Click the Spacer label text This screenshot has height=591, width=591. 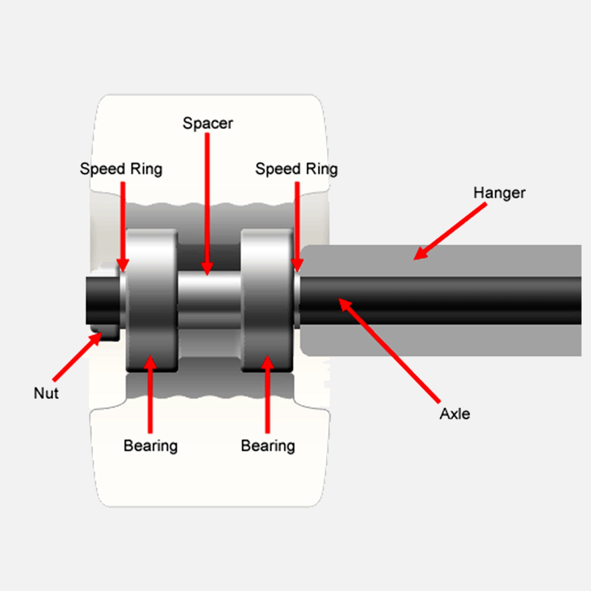click(208, 123)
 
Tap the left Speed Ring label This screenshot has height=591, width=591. click(121, 169)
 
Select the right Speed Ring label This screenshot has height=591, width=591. click(296, 169)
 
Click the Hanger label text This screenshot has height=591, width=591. click(499, 193)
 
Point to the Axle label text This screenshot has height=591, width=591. click(454, 414)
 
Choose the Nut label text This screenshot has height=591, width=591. click(46, 393)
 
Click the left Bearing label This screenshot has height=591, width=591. click(150, 446)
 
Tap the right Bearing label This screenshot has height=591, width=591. click(268, 446)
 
